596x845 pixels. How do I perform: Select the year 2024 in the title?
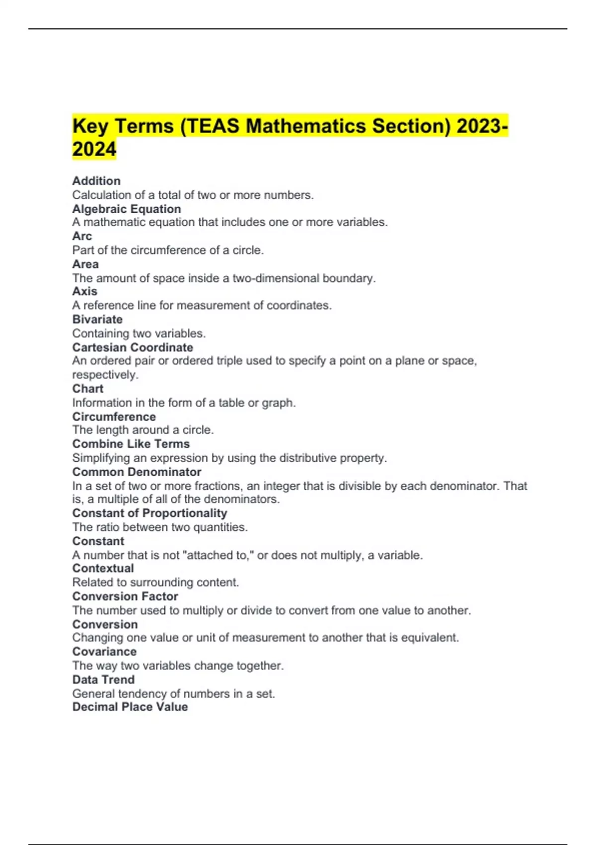pyautogui.click(x=94, y=149)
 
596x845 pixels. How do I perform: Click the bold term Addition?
pyautogui.click(x=96, y=181)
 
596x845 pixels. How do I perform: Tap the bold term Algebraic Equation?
pyautogui.click(x=127, y=209)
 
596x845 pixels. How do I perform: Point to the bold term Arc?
pyautogui.click(x=82, y=236)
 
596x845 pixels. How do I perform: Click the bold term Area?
pyautogui.click(x=85, y=264)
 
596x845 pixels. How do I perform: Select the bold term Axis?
pyautogui.click(x=84, y=291)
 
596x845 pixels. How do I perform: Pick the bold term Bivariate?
pyautogui.click(x=97, y=319)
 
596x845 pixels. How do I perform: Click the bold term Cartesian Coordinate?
pyautogui.click(x=133, y=347)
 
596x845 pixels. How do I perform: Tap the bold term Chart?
pyautogui.click(x=88, y=389)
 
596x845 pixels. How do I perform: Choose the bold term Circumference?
pyautogui.click(x=114, y=417)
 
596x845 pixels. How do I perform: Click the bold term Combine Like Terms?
pyautogui.click(x=131, y=444)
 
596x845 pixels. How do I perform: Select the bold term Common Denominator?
pyautogui.click(x=137, y=472)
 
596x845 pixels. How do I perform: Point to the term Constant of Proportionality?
pyautogui.click(x=149, y=513)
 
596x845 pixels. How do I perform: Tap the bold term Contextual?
pyautogui.click(x=103, y=568)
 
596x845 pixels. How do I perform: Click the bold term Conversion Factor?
pyautogui.click(x=125, y=596)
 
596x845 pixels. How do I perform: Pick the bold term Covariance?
pyautogui.click(x=104, y=652)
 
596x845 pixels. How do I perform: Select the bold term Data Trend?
pyautogui.click(x=103, y=679)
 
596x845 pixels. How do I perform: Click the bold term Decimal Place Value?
pyautogui.click(x=130, y=707)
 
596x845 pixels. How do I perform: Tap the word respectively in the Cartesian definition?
pyautogui.click(x=105, y=375)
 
